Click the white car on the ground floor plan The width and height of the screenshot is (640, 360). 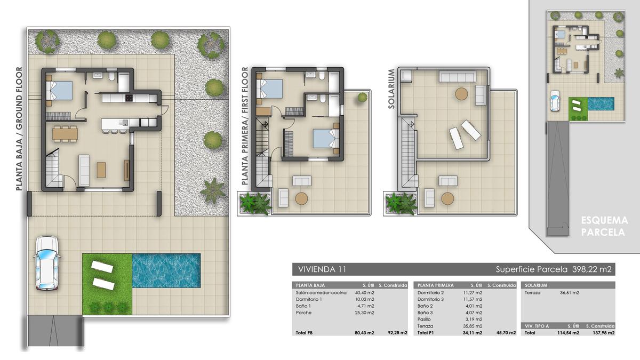pyautogui.click(x=47, y=263)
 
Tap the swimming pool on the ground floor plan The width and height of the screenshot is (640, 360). pyautogui.click(x=166, y=270)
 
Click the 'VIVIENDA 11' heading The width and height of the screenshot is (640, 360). pyautogui.click(x=322, y=269)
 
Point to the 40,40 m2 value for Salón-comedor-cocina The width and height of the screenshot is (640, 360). pyautogui.click(x=364, y=293)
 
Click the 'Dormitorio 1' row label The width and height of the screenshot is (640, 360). pyautogui.click(x=309, y=299)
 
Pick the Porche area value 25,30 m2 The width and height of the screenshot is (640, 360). pyautogui.click(x=364, y=313)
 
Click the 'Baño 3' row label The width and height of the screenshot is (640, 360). pyautogui.click(x=426, y=313)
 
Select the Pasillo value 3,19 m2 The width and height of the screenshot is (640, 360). pyautogui.click(x=474, y=319)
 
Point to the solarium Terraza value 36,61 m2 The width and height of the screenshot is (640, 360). pyautogui.click(x=570, y=293)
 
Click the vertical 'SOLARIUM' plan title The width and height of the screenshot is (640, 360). pyautogui.click(x=391, y=89)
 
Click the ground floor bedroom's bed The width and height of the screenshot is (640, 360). pyautogui.click(x=59, y=91)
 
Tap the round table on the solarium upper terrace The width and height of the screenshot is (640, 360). pyautogui.click(x=461, y=94)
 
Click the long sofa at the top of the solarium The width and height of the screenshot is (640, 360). pyautogui.click(x=458, y=77)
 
